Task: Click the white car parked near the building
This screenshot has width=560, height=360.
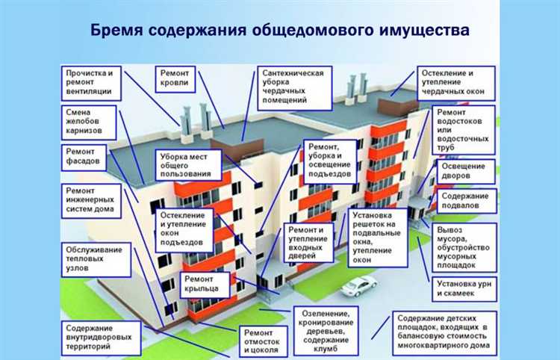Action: [x=358, y=285]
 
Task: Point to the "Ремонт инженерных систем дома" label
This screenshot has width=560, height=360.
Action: [x=89, y=205]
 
